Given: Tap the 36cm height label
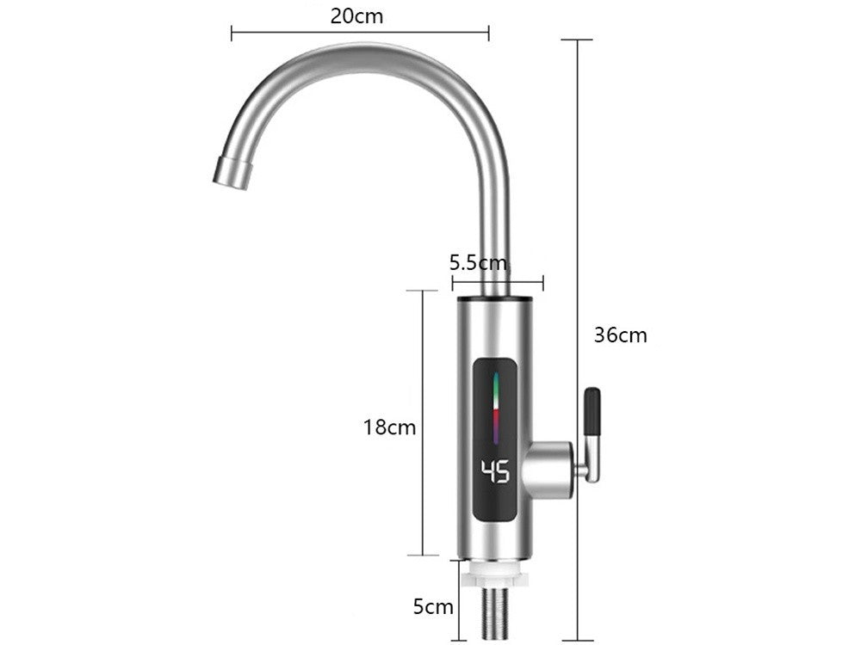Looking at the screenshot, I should click(x=620, y=335).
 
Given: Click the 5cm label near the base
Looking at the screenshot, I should click(x=433, y=607).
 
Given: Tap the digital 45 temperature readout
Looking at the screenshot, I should click(x=495, y=471).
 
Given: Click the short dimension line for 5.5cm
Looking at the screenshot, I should click(x=497, y=279).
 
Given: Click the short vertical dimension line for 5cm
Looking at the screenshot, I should click(x=459, y=602).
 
